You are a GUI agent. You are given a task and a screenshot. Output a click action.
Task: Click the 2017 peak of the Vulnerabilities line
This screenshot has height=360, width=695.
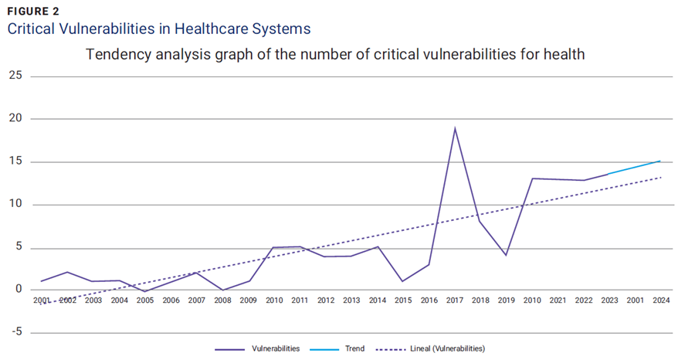tap(455, 128)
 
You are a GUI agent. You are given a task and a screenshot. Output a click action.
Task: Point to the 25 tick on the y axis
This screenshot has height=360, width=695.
tap(15, 76)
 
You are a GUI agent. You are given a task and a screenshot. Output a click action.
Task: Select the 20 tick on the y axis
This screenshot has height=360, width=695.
tap(15, 119)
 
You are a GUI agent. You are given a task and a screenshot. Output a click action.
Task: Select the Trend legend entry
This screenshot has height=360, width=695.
tap(354, 349)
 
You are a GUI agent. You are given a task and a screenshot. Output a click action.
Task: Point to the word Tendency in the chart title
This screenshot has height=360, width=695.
tap(114, 55)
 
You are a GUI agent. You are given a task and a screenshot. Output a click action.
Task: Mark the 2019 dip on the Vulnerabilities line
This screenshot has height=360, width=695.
tap(506, 255)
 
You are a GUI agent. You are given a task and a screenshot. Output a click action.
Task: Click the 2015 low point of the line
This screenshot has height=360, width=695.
tap(403, 280)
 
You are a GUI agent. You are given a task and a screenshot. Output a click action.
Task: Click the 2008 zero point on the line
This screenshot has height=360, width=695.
tap(222, 290)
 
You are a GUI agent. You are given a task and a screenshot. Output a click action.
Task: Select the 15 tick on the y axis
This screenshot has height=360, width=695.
tap(15, 162)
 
